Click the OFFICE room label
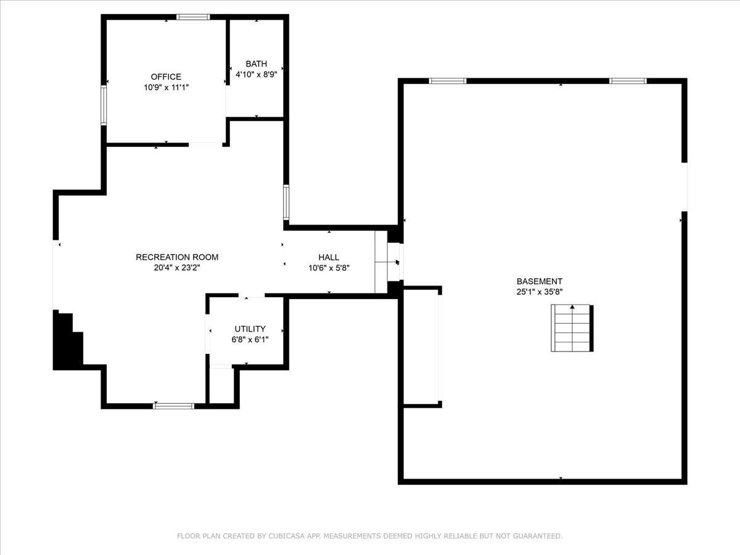pyautogui.click(x=166, y=77)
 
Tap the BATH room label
pyautogui.click(x=256, y=64)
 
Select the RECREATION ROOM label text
pyautogui.click(x=177, y=257)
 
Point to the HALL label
pyautogui.click(x=329, y=257)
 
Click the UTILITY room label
pyautogui.click(x=250, y=329)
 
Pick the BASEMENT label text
pyautogui.click(x=540, y=281)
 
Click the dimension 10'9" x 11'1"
pyautogui.click(x=166, y=88)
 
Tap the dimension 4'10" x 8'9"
pyautogui.click(x=256, y=75)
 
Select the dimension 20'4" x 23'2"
pyautogui.click(x=177, y=268)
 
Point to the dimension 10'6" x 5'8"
pyautogui.click(x=329, y=268)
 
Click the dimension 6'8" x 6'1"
pyautogui.click(x=250, y=340)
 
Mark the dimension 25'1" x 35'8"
pyautogui.click(x=540, y=292)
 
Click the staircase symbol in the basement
pyautogui.click(x=572, y=328)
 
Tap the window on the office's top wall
pyautogui.click(x=193, y=17)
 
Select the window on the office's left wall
pyautogui.click(x=104, y=105)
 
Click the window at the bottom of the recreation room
pyautogui.click(x=174, y=406)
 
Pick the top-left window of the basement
pyautogui.click(x=448, y=81)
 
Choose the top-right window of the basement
pyautogui.click(x=628, y=81)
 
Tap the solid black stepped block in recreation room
pyautogui.click(x=67, y=340)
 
